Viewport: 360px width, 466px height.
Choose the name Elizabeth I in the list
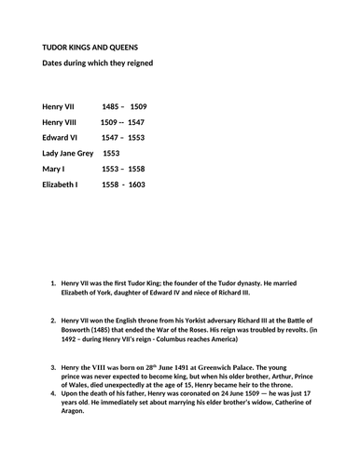61,185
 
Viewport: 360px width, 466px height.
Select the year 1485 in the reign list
111,106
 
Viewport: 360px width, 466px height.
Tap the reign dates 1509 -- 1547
122,121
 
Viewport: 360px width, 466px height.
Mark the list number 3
51,369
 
